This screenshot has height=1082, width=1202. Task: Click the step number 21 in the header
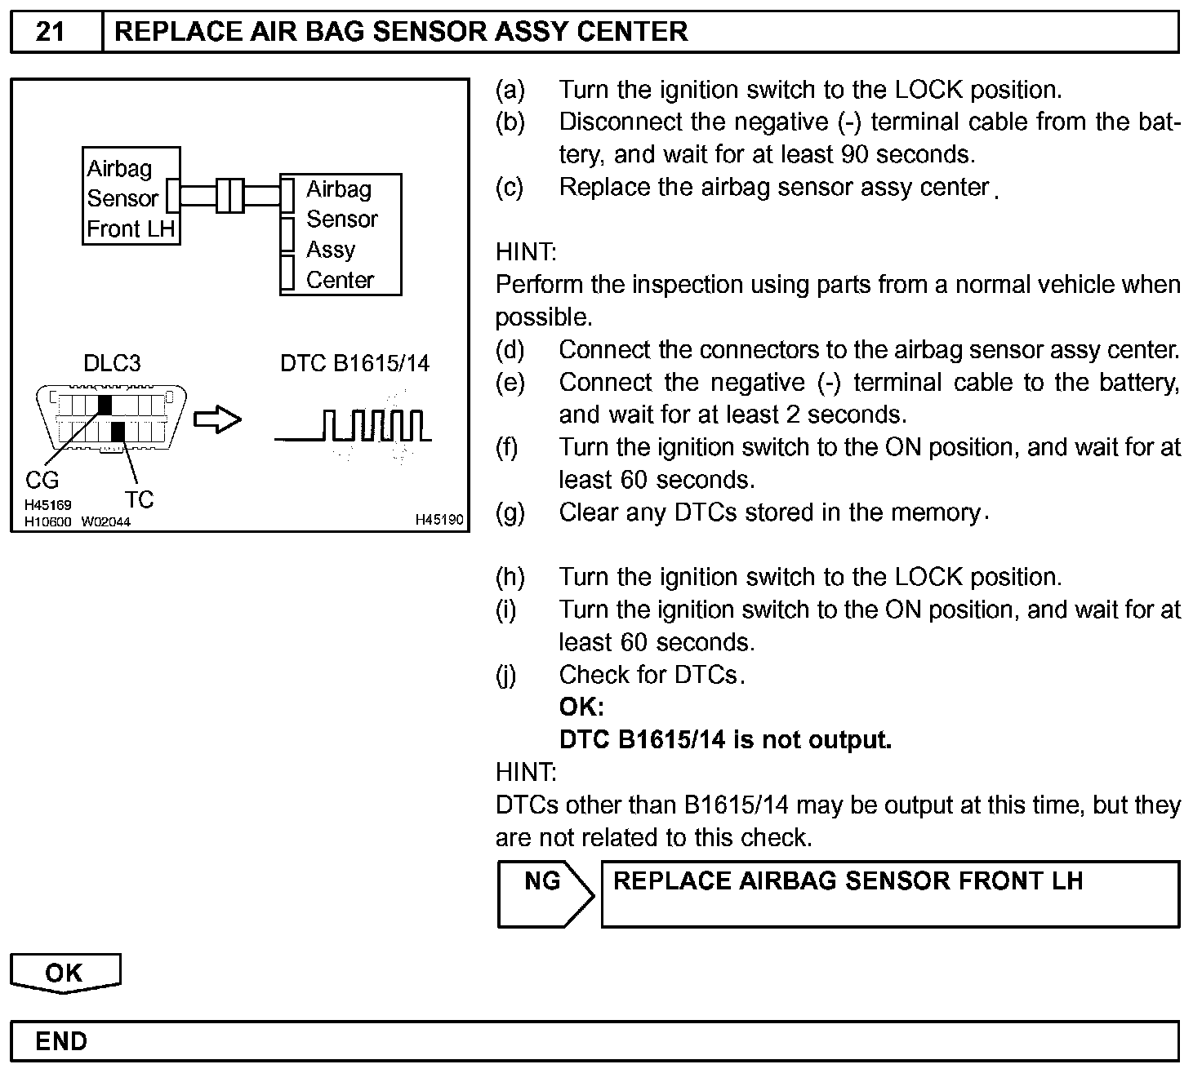(51, 32)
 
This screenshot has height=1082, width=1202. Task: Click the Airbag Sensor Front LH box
(131, 197)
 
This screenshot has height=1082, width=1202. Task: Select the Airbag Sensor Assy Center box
(341, 234)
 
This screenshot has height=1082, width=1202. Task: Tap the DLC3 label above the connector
(112, 363)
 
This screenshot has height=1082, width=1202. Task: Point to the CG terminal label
(42, 481)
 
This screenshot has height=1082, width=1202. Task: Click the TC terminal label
(140, 499)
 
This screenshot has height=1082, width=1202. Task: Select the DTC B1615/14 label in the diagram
(354, 363)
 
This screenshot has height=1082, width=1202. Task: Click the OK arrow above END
(65, 973)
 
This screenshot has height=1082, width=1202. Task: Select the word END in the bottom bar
(61, 1042)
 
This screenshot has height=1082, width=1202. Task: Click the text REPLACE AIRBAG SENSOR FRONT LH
(848, 881)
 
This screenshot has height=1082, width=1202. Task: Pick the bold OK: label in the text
(581, 707)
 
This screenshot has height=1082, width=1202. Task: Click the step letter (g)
(510, 512)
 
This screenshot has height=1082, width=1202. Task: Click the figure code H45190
(439, 520)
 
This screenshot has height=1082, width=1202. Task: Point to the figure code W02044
(105, 521)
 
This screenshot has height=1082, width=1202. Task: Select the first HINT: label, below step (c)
(526, 252)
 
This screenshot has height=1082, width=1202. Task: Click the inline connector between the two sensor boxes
(230, 196)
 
